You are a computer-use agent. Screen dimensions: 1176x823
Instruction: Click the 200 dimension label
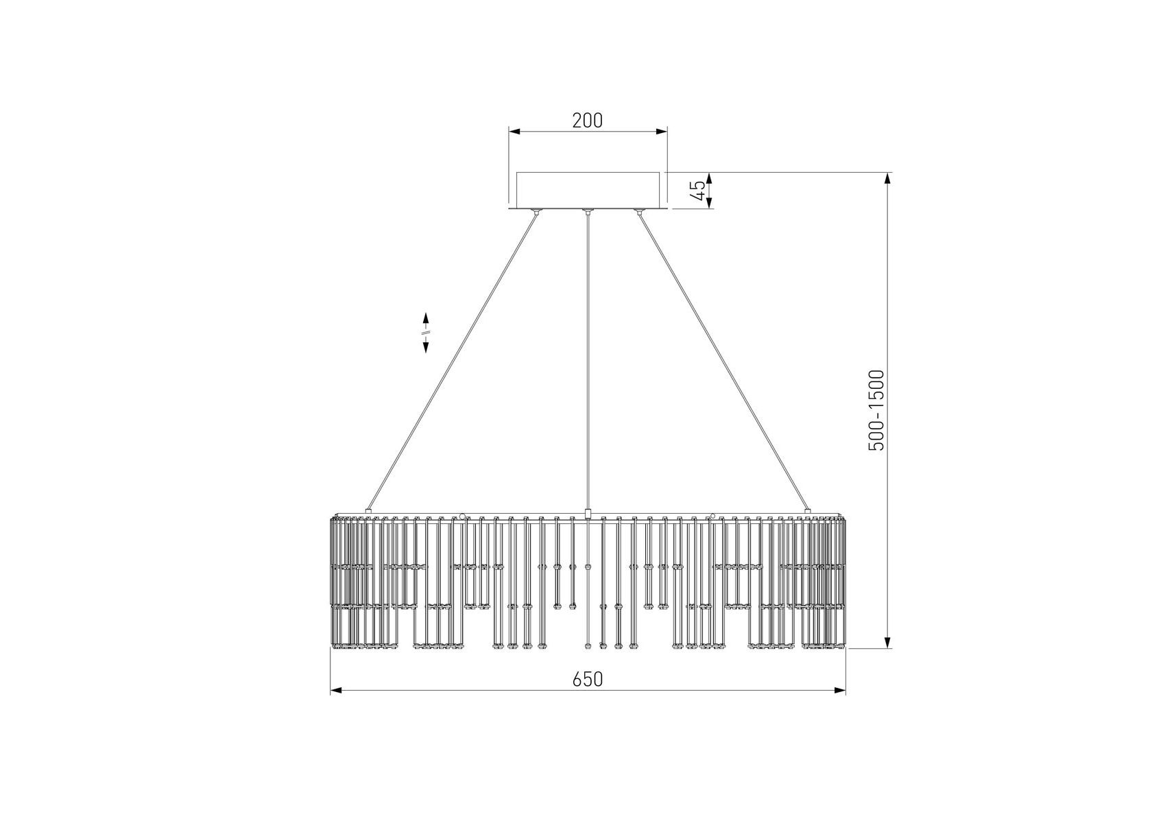587,120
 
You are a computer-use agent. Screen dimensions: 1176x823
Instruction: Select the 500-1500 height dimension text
876,410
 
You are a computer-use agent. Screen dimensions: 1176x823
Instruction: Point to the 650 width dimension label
587,679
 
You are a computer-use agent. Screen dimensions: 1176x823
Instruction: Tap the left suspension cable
453,361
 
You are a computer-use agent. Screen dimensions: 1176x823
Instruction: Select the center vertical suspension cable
588,361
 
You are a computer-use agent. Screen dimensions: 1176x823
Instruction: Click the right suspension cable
723,361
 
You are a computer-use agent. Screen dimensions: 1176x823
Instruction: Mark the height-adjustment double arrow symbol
426,333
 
